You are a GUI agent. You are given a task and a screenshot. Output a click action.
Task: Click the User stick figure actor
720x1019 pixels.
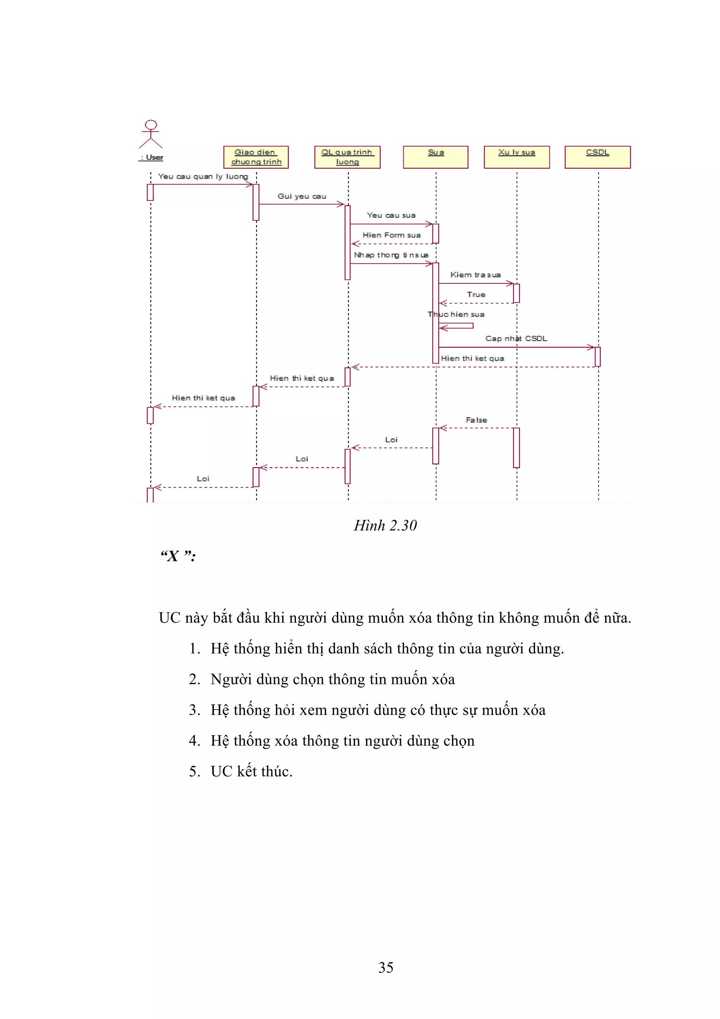click(x=151, y=134)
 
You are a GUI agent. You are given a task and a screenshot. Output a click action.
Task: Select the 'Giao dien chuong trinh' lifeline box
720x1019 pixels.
click(x=256, y=157)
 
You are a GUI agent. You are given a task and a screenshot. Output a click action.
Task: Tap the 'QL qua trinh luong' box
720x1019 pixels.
click(x=347, y=157)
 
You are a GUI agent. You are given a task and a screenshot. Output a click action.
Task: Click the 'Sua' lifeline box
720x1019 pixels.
click(x=436, y=157)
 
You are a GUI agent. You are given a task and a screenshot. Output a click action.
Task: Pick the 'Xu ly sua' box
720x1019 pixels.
click(x=517, y=157)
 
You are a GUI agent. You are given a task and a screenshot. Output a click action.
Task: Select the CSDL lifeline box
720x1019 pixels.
click(x=598, y=157)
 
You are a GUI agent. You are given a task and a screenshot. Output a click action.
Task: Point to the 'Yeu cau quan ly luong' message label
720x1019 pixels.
click(x=203, y=177)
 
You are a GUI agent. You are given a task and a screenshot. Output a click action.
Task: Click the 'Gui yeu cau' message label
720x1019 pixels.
click(x=302, y=196)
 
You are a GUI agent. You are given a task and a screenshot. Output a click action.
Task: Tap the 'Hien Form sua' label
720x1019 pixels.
click(x=391, y=235)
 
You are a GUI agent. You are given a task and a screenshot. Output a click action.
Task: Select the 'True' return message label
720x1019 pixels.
click(x=476, y=295)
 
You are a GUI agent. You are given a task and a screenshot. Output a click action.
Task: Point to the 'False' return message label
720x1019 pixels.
click(x=476, y=420)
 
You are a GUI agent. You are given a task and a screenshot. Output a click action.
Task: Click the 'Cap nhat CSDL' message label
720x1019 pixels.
click(x=516, y=339)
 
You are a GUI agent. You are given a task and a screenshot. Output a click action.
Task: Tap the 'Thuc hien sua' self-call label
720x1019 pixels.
click(x=456, y=314)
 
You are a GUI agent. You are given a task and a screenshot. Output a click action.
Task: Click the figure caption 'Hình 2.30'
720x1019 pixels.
click(x=385, y=525)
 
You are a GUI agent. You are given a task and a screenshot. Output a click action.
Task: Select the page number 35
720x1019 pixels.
click(x=386, y=968)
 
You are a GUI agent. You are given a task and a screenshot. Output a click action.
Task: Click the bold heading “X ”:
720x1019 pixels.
click(x=178, y=556)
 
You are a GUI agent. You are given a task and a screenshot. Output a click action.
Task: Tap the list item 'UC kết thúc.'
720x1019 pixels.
click(x=251, y=771)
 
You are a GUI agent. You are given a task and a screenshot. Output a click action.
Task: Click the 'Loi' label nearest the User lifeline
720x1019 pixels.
click(x=203, y=479)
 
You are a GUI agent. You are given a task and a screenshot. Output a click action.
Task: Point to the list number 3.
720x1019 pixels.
click(x=194, y=710)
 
